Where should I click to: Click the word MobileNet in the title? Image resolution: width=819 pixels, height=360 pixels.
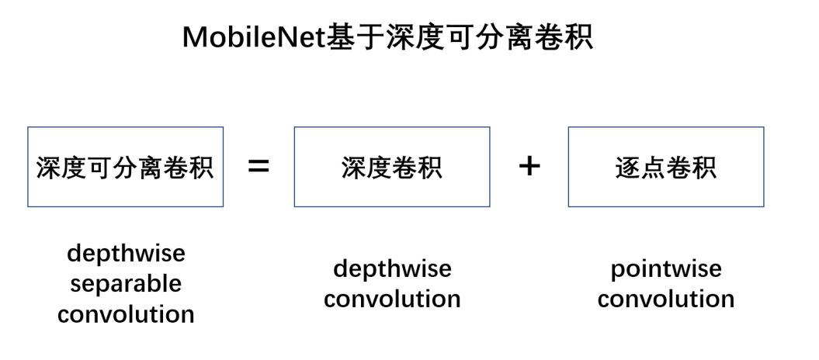[252, 36]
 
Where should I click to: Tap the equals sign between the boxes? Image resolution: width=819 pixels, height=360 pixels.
[259, 166]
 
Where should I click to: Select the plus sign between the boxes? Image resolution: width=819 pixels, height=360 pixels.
[529, 165]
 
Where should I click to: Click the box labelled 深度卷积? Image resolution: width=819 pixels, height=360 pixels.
[391, 167]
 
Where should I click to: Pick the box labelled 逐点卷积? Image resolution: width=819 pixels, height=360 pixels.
[665, 167]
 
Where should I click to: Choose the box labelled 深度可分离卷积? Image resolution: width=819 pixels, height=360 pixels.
[125, 167]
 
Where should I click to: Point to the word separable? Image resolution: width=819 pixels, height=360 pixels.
[126, 283]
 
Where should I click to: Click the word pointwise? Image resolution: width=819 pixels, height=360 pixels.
[666, 269]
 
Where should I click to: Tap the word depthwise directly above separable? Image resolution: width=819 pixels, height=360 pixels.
[126, 253]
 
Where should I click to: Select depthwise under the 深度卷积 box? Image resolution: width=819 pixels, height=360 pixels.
[392, 269]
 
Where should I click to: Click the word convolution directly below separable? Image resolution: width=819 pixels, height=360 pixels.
[126, 314]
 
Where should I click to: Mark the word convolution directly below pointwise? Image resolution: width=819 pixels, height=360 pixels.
[666, 299]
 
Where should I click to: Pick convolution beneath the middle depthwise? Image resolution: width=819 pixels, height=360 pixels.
[392, 299]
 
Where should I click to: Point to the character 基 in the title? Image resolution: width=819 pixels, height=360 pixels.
[338, 36]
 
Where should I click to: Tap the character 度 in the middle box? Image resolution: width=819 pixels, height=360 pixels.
[379, 167]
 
